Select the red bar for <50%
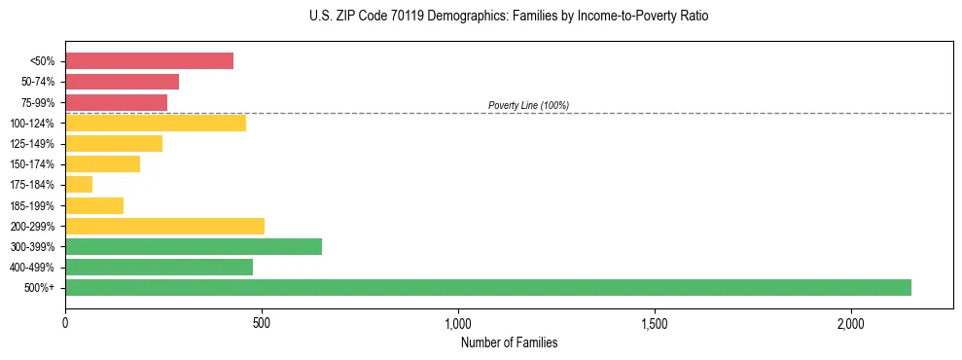pos(149,60)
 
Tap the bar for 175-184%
pos(79,184)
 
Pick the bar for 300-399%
pos(194,246)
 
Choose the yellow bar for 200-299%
pos(164,226)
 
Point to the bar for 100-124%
pos(156,123)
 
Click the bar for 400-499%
pos(159,267)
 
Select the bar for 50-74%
pos(122,81)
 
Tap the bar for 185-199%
pos(94,205)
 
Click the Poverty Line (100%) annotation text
pos(528,105)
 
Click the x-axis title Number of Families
pos(509,342)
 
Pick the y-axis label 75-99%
pos(39,102)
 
